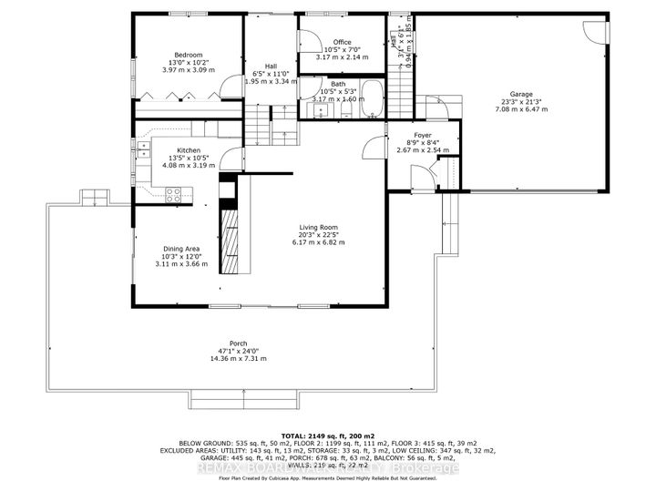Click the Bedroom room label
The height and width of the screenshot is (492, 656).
pos(189,54)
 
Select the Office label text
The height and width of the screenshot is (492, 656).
pos(342,42)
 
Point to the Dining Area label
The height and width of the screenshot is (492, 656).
pos(181,248)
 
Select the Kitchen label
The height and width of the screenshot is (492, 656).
pos(189,150)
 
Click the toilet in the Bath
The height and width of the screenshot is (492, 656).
pos(346,110)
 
